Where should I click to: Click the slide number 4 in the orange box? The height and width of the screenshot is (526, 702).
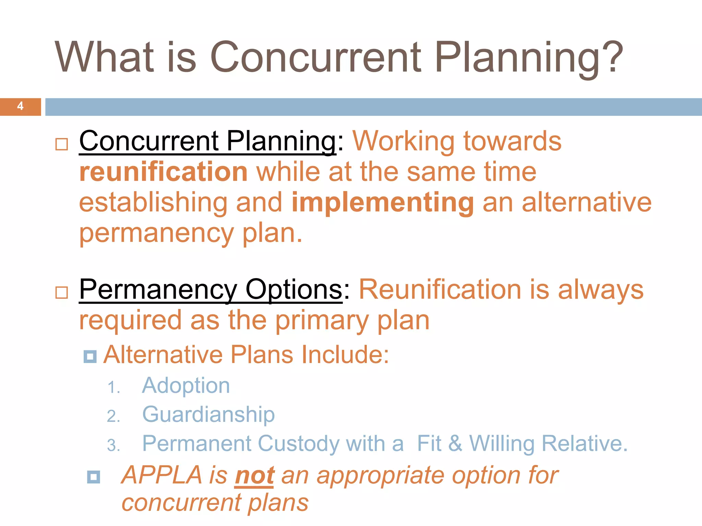click(20, 106)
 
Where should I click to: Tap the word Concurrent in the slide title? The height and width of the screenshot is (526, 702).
click(315, 57)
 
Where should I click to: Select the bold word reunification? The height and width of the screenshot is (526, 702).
click(163, 172)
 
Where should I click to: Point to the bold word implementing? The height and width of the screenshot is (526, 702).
click(383, 202)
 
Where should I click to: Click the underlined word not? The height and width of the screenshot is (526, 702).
click(254, 476)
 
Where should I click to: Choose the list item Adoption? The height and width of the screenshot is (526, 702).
click(186, 386)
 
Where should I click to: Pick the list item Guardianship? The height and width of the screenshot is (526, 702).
click(208, 415)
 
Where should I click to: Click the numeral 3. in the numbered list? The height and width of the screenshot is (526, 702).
click(113, 445)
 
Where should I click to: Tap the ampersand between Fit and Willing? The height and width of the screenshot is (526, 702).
click(455, 443)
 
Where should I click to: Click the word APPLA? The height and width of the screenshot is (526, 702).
click(162, 475)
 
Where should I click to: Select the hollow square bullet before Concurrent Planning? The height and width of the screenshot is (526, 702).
click(62, 144)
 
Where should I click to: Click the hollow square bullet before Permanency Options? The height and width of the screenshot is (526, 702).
click(62, 293)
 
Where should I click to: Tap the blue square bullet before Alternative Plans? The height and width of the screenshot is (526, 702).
click(90, 356)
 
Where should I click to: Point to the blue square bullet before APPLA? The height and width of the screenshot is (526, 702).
click(94, 477)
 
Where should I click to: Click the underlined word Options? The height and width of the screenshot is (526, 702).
click(294, 290)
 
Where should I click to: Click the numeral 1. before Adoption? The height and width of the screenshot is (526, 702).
click(113, 388)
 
